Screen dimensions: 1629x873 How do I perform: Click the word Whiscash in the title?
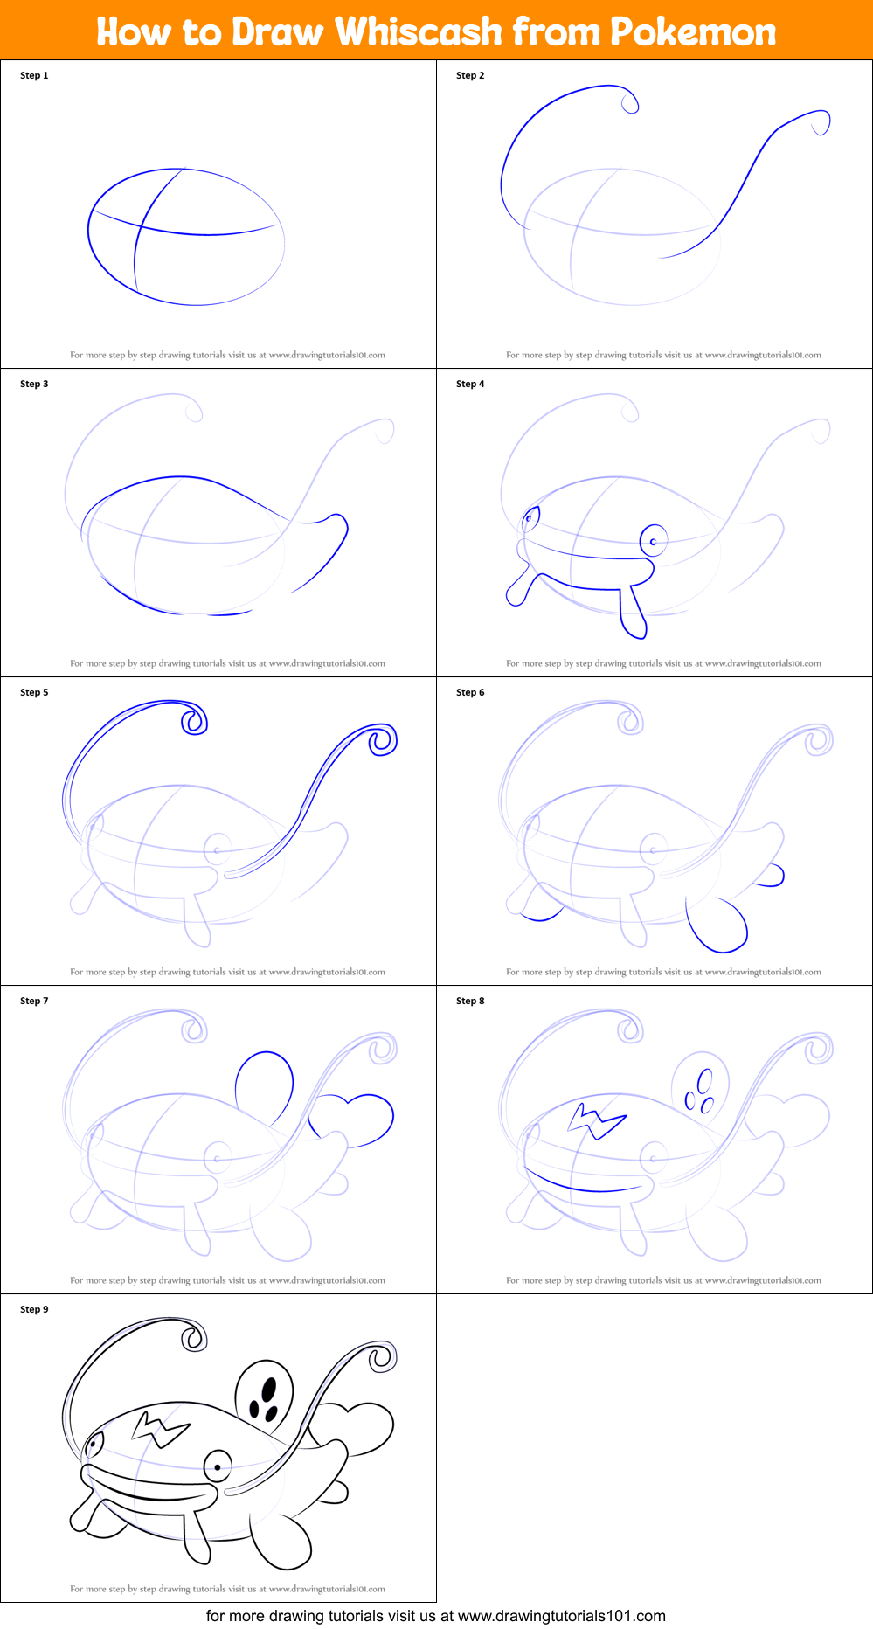tap(419, 32)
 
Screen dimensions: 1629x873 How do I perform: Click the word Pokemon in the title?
tap(692, 32)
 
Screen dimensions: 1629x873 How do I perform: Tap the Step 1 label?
tap(34, 75)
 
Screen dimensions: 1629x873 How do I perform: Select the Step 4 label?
tap(470, 384)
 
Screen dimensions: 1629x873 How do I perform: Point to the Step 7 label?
tap(34, 1001)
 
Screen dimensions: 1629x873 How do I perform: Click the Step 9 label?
tap(34, 1309)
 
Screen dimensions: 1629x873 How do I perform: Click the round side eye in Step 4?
tap(653, 541)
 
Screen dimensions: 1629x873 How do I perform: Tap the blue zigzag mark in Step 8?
tap(597, 1121)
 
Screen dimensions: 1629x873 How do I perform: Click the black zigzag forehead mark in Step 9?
tap(160, 1429)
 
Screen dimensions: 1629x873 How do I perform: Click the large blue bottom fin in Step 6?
tap(717, 926)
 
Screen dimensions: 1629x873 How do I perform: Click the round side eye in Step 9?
tap(218, 1466)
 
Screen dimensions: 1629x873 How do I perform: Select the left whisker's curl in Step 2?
tap(629, 103)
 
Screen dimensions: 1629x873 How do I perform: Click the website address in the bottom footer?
tap(562, 1616)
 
